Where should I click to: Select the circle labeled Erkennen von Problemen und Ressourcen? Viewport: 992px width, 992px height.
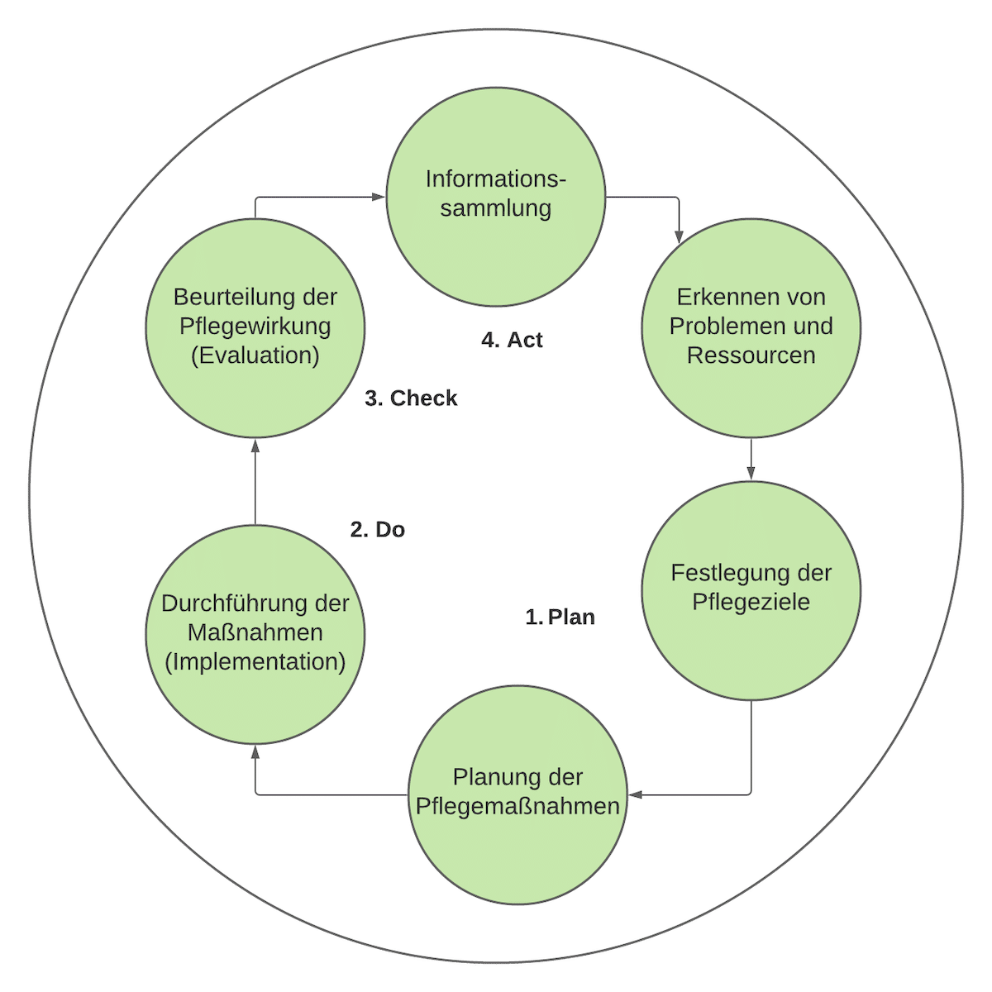tap(751, 327)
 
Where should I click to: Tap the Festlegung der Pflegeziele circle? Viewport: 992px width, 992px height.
tap(751, 589)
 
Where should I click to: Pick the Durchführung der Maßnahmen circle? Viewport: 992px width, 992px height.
tap(255, 633)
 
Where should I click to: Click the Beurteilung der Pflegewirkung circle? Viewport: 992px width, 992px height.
tap(255, 327)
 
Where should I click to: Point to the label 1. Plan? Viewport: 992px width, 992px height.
tap(560, 618)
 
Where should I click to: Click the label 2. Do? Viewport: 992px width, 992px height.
tap(378, 530)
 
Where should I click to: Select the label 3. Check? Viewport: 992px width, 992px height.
tap(411, 398)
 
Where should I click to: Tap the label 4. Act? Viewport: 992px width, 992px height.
tap(512, 340)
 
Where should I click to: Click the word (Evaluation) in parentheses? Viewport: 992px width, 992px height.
tap(255, 355)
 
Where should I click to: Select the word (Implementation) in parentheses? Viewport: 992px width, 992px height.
tap(255, 662)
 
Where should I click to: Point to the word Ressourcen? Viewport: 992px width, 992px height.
tap(751, 355)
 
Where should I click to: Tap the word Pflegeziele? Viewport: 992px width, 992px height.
tap(751, 602)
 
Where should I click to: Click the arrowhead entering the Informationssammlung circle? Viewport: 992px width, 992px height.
tap(379, 197)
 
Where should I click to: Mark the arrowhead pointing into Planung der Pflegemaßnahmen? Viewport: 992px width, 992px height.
tap(635, 794)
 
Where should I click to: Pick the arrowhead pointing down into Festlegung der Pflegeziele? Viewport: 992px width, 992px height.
tap(751, 473)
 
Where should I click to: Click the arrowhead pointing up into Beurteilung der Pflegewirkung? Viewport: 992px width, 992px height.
tap(255, 446)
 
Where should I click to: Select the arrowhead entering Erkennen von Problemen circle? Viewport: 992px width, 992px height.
tap(679, 238)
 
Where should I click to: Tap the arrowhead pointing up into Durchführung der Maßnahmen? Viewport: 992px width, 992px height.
tap(255, 751)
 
